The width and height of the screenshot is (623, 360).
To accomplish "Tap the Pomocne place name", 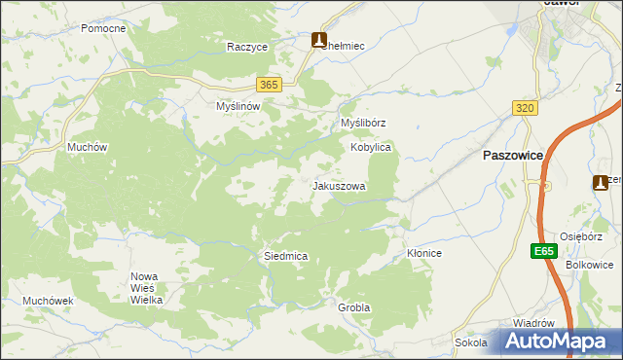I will coord(103,29).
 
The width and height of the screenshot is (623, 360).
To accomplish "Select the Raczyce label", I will coord(247,47).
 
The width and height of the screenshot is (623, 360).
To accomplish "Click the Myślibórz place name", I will coord(363,124).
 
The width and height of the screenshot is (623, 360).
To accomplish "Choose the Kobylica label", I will coord(371,147).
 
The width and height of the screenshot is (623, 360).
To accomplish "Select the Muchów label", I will coord(86,147).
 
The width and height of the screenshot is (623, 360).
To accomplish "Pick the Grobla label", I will coord(354,307).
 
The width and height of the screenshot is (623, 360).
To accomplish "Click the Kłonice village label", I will coord(424,253).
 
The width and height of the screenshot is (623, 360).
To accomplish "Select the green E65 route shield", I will coord(544,251).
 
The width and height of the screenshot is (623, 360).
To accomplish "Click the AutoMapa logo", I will coord(558,342).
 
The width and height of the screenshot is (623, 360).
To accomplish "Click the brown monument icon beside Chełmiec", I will coord(319,40).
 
